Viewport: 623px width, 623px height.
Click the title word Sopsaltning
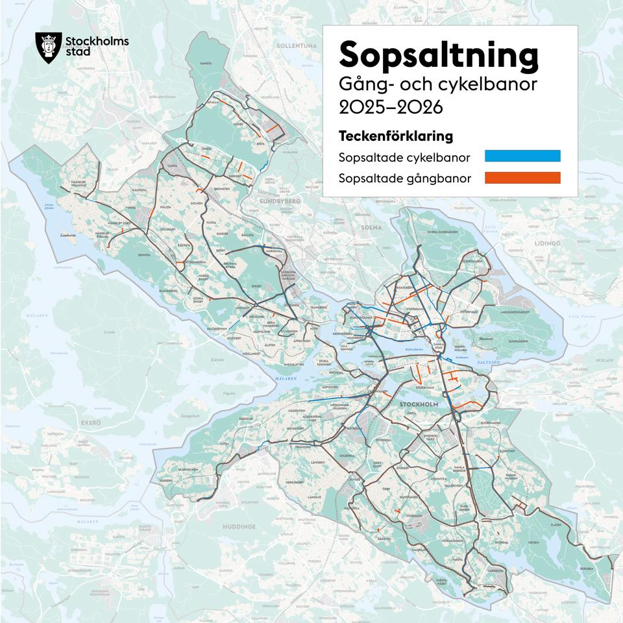439,55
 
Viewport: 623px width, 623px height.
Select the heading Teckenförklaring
395,137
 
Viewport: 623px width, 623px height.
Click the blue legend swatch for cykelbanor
522,156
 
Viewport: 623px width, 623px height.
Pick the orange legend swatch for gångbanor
522,178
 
